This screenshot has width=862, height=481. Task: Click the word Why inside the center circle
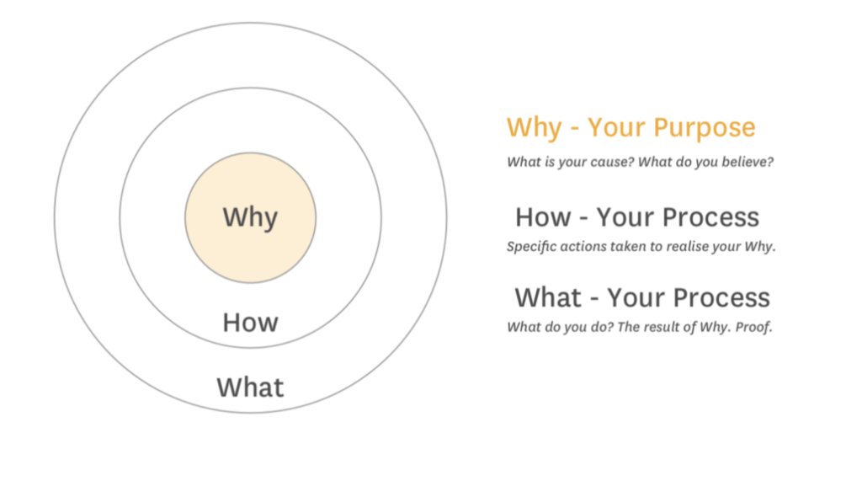(250, 217)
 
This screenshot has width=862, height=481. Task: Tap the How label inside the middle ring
(250, 323)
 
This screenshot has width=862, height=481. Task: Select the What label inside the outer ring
(250, 387)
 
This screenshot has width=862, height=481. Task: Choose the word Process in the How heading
(710, 217)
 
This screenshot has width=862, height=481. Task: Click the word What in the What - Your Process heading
(548, 297)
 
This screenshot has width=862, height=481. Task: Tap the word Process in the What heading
(721, 297)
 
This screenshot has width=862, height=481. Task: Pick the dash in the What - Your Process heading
(594, 300)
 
